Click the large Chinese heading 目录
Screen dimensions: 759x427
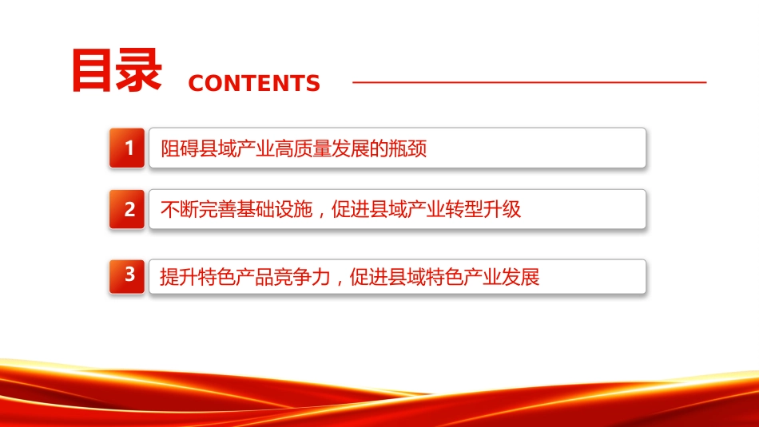click(x=116, y=70)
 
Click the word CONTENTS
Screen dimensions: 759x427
click(x=254, y=83)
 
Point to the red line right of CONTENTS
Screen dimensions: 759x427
click(x=529, y=82)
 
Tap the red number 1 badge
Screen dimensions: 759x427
click(x=127, y=148)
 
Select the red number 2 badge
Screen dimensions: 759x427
click(x=127, y=209)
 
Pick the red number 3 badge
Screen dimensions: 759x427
click(x=127, y=276)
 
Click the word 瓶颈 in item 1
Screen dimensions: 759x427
click(x=408, y=148)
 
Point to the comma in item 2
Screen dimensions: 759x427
click(x=322, y=214)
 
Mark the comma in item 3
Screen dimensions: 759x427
click(x=340, y=282)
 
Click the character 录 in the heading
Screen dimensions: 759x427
click(x=139, y=70)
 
